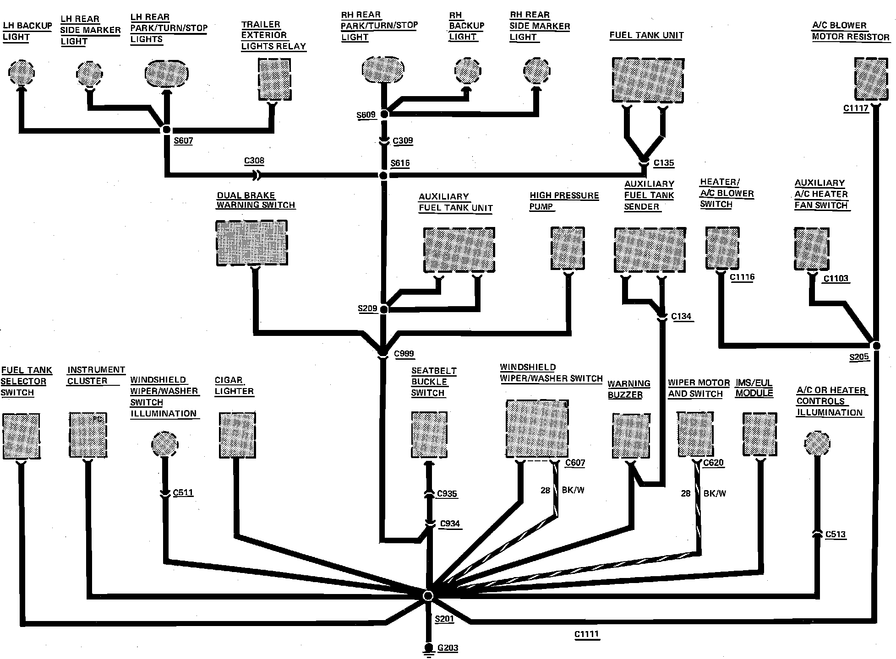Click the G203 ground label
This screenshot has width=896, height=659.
click(448, 648)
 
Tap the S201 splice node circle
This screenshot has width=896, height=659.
click(428, 595)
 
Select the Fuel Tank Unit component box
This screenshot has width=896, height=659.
click(648, 80)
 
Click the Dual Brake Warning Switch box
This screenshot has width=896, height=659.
click(251, 243)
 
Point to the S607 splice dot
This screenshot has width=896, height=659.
click(166, 130)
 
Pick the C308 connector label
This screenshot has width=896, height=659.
click(254, 161)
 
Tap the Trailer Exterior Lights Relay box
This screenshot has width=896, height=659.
click(274, 79)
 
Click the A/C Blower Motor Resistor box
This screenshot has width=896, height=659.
click(871, 79)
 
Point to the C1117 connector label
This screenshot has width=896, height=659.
click(856, 109)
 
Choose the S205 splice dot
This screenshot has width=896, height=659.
click(875, 345)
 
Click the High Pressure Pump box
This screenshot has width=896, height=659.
click(568, 248)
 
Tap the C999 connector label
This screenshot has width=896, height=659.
click(404, 353)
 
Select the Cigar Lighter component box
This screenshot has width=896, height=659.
click(237, 435)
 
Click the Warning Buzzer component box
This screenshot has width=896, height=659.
click(631, 436)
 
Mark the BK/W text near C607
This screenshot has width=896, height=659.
click(573, 490)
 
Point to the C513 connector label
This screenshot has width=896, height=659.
click(835, 534)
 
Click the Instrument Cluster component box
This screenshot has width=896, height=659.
click(88, 435)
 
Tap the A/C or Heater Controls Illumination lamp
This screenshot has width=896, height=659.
click(817, 443)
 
